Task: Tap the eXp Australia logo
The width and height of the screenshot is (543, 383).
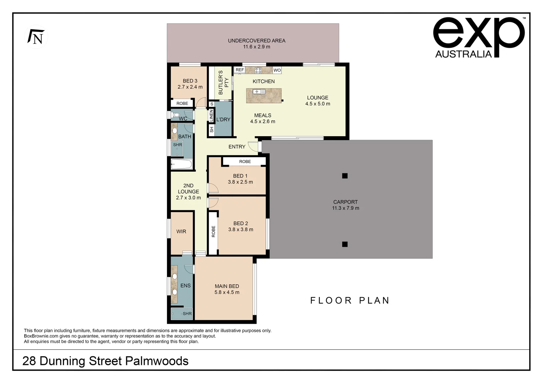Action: tap(478, 38)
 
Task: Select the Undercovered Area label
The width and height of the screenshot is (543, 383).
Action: tap(256, 41)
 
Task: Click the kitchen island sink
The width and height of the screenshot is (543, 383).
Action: tap(258, 92)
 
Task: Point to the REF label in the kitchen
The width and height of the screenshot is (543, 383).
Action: tap(240, 70)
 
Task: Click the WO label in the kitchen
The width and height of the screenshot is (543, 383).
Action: tap(277, 70)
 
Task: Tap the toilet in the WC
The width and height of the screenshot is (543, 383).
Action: tap(176, 115)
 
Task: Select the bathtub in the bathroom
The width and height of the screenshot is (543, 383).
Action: tap(182, 164)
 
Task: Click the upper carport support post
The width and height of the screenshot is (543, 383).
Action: tap(345, 176)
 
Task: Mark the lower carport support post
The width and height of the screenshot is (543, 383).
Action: tap(345, 244)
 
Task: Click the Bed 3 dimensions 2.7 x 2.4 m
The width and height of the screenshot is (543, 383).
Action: tap(190, 87)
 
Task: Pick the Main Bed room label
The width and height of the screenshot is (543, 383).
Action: tap(227, 286)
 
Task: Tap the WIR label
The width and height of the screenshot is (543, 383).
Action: tap(181, 232)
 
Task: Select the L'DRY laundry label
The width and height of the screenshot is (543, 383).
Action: tap(223, 120)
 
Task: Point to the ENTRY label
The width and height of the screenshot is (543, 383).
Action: tap(237, 147)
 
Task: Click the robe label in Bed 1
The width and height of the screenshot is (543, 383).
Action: tap(245, 162)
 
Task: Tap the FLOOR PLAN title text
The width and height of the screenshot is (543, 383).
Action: tap(350, 301)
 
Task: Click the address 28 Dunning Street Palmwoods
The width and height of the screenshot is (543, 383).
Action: tap(105, 361)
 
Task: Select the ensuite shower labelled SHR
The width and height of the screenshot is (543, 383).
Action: tap(182, 314)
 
